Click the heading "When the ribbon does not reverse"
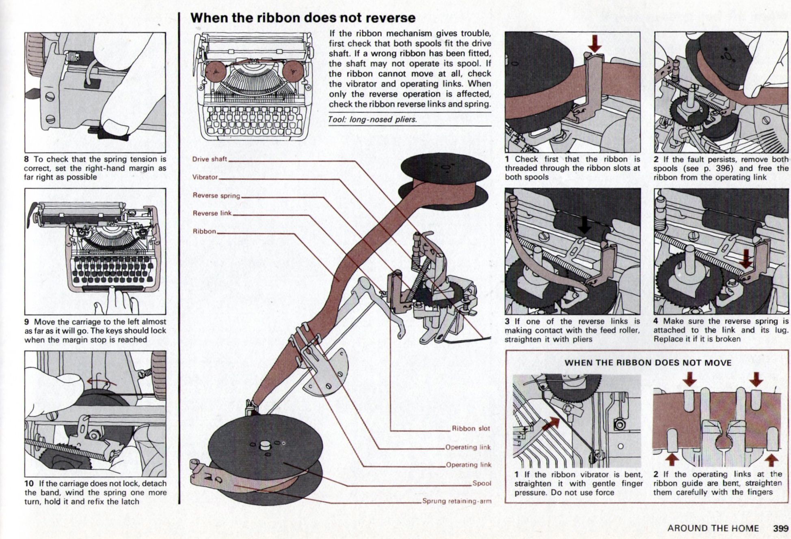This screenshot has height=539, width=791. point(303,18)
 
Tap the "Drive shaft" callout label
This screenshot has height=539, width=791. point(210,159)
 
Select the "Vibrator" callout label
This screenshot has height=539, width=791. point(205,177)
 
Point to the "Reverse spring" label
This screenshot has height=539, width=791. point(216,195)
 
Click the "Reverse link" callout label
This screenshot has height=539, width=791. point(212,213)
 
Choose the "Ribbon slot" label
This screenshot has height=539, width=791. point(471,429)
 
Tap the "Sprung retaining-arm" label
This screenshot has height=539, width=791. point(456,501)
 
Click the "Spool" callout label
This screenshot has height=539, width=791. point(482,483)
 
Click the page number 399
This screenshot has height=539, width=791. point(780,528)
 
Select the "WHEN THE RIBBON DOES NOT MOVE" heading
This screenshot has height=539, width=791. point(648,363)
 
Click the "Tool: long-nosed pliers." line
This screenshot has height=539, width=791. point(372,120)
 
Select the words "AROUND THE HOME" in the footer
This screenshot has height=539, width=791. point(713,528)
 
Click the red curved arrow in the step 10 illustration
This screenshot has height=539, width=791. point(104,381)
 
